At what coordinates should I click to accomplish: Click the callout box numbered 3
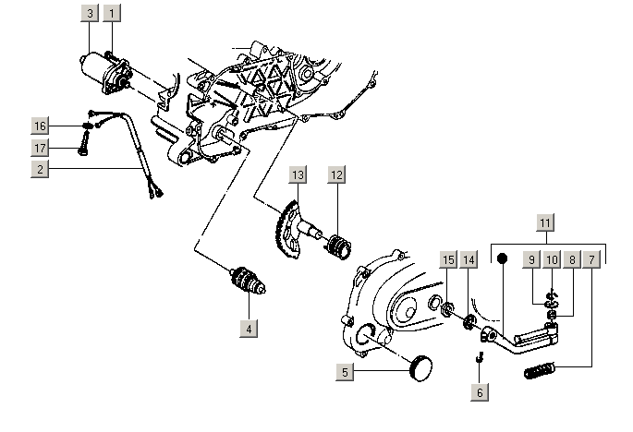point(89,14)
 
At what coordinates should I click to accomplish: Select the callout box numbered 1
point(112,14)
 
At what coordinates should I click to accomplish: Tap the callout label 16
point(39,126)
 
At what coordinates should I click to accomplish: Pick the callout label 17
point(39,147)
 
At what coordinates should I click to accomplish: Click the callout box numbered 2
point(39,169)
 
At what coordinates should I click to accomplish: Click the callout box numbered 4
point(248,327)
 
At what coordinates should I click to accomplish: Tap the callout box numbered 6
point(479,391)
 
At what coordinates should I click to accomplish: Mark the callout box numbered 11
point(545,222)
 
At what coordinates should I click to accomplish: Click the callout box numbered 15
point(447,260)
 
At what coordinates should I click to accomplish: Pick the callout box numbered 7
point(592,260)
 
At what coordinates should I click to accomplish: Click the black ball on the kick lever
point(503,260)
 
